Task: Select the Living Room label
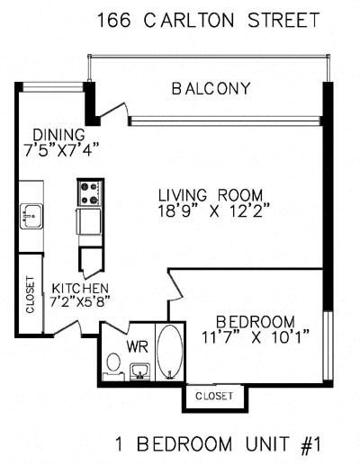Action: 210,195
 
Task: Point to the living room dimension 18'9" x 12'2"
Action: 210,213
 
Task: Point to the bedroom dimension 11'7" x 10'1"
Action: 256,338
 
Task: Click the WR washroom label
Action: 137,344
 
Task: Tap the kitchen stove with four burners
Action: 90,192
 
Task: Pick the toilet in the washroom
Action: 112,364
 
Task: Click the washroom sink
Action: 139,371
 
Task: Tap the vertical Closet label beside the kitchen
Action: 30,298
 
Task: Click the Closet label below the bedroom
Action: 213,396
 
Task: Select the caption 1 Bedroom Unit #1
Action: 218,444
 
